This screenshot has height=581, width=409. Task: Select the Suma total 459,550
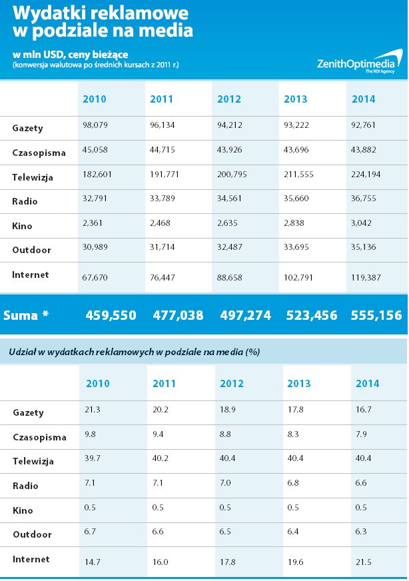coord(111,315)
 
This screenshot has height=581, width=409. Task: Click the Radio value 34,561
coord(230,202)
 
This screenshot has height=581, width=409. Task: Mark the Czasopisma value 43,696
coord(298,153)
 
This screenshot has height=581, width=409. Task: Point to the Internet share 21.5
coord(364,561)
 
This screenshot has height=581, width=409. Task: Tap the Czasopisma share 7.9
coord(362,436)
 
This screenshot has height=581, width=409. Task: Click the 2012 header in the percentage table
coord(232,383)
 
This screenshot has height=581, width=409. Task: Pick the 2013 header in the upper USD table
coord(296,99)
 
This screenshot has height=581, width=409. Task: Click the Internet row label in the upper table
coord(31,275)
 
